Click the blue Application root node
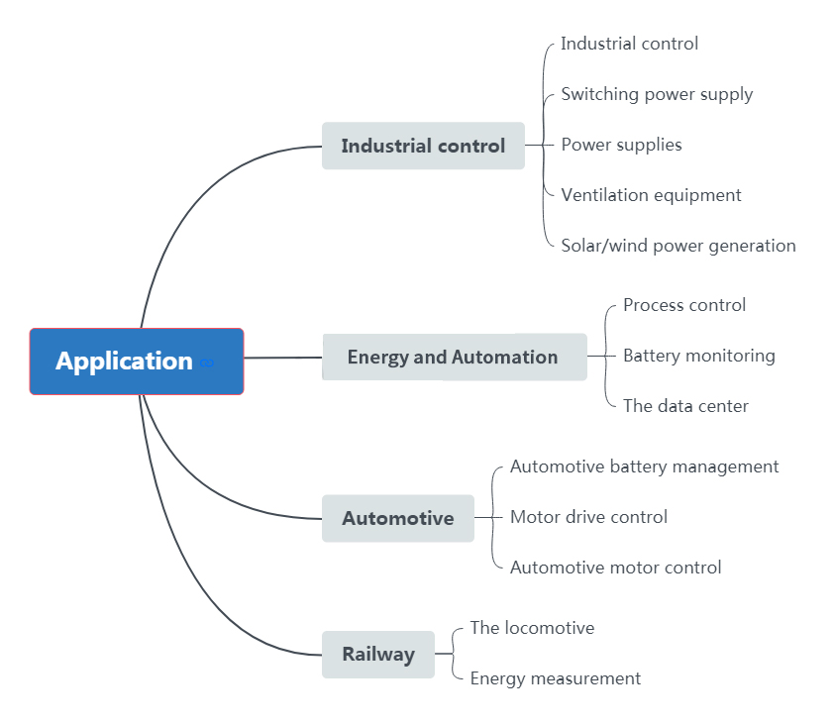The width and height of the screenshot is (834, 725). (x=137, y=362)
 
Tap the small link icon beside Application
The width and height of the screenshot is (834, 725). (x=207, y=363)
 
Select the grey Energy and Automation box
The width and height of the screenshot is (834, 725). (x=455, y=357)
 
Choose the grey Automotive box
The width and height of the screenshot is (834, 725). (x=398, y=518)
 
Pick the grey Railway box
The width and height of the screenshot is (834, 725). (x=378, y=655)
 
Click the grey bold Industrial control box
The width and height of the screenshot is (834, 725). (x=423, y=146)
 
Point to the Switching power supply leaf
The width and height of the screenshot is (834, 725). (x=657, y=95)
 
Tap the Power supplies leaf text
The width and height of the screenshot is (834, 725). (x=621, y=145)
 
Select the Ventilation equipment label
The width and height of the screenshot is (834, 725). (x=651, y=195)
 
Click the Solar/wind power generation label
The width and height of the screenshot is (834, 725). (x=678, y=246)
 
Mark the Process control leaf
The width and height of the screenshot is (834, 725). (x=684, y=305)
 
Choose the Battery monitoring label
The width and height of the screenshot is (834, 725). (x=699, y=356)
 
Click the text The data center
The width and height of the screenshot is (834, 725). (x=685, y=406)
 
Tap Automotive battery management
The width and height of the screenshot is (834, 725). (x=644, y=467)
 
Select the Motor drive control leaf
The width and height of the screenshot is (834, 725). (x=588, y=517)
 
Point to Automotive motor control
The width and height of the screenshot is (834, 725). (x=615, y=568)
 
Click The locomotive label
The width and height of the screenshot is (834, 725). (x=532, y=628)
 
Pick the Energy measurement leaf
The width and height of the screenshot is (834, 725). (x=556, y=678)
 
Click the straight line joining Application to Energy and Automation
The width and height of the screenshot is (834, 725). (x=283, y=358)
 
